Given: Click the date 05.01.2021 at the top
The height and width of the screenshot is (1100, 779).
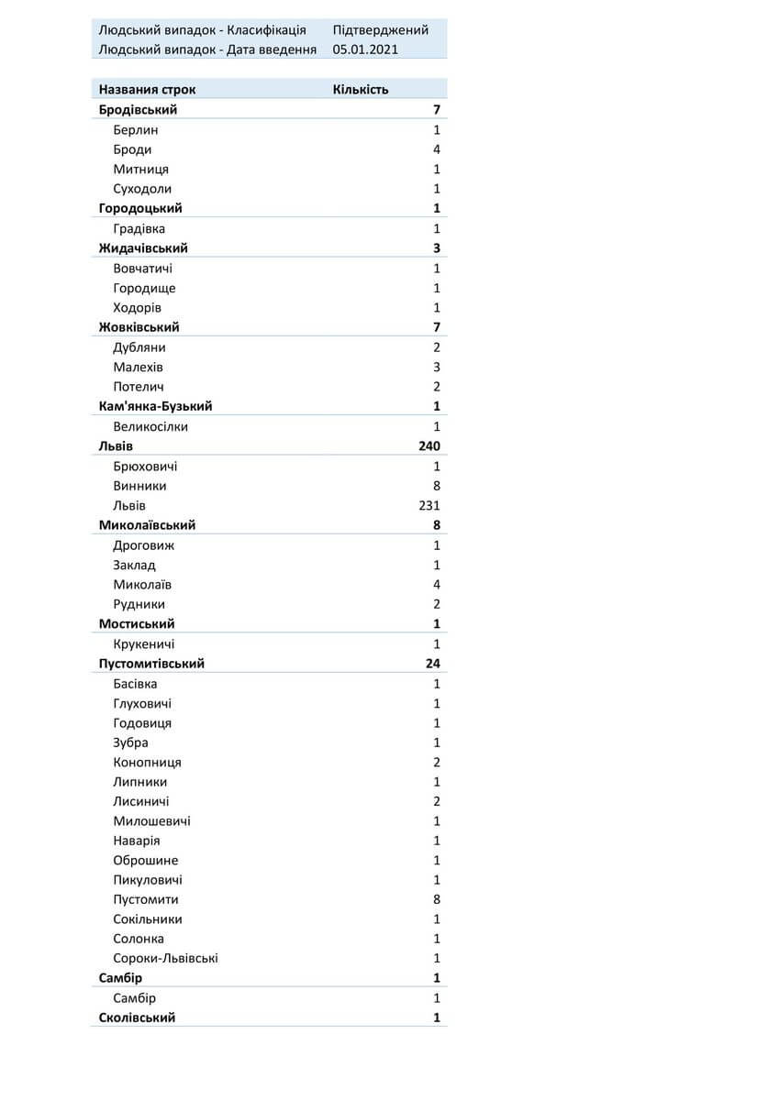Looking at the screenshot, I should tap(366, 49).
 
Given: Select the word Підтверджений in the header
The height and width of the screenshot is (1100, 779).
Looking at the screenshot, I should tap(380, 30).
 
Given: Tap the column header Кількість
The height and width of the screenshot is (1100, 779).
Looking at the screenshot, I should tap(361, 90).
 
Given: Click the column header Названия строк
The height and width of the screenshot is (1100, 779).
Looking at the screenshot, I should tap(147, 90).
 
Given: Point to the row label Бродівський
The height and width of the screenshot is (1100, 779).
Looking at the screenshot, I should tap(138, 110).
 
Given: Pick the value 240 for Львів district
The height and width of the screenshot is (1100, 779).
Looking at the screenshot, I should tap(428, 446).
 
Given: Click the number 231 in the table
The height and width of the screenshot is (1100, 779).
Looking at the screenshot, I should tap(428, 506).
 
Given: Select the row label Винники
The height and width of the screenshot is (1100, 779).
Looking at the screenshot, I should tap(139, 486).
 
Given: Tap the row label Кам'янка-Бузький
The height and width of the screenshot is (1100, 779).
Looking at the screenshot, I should tap(161, 406).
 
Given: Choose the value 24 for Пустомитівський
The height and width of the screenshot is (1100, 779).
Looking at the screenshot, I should tap(433, 664).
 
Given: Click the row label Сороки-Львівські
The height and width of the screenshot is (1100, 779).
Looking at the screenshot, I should tap(165, 959).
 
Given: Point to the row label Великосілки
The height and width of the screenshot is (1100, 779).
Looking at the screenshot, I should tap(150, 426).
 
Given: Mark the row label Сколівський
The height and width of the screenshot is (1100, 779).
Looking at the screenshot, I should tap(137, 1017).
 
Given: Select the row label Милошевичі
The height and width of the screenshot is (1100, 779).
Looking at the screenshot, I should tap(151, 821).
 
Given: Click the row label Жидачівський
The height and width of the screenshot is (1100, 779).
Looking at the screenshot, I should tap(143, 248).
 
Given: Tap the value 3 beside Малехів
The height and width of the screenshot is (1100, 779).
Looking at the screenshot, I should tap(437, 367).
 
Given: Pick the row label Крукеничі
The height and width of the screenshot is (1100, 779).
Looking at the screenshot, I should tap(144, 644).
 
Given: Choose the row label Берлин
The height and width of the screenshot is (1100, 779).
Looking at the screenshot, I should tap(136, 130).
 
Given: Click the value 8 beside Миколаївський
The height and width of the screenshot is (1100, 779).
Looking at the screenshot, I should tap(437, 525).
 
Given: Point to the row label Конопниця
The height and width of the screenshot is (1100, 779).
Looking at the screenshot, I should tap(147, 763).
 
